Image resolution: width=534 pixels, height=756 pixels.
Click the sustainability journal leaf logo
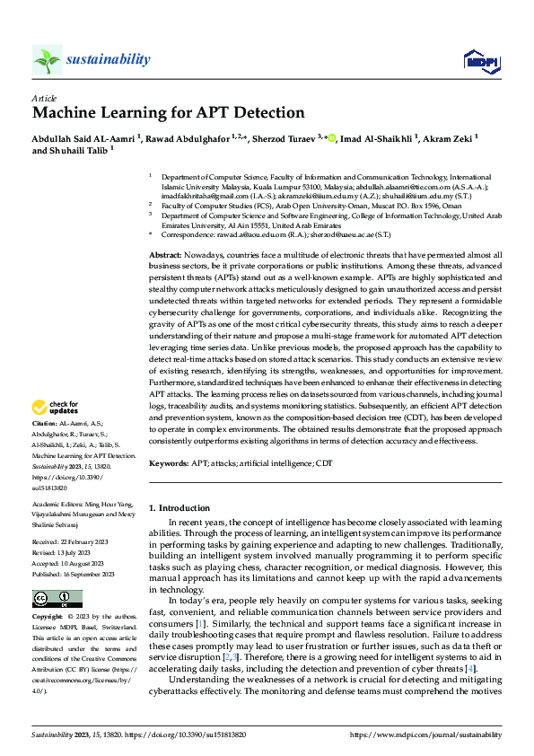coord(46,60)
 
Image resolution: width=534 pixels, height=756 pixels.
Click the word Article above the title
coord(44,98)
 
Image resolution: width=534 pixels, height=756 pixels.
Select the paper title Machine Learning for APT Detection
coord(169,114)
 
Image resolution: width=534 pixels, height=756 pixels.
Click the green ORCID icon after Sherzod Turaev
coord(331,138)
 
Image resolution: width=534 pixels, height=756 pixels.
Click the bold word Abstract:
coord(167,256)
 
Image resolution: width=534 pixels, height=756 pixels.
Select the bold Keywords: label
coord(171,463)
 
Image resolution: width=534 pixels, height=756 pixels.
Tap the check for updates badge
coord(56,408)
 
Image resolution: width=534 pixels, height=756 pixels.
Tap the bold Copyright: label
coord(48,618)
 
